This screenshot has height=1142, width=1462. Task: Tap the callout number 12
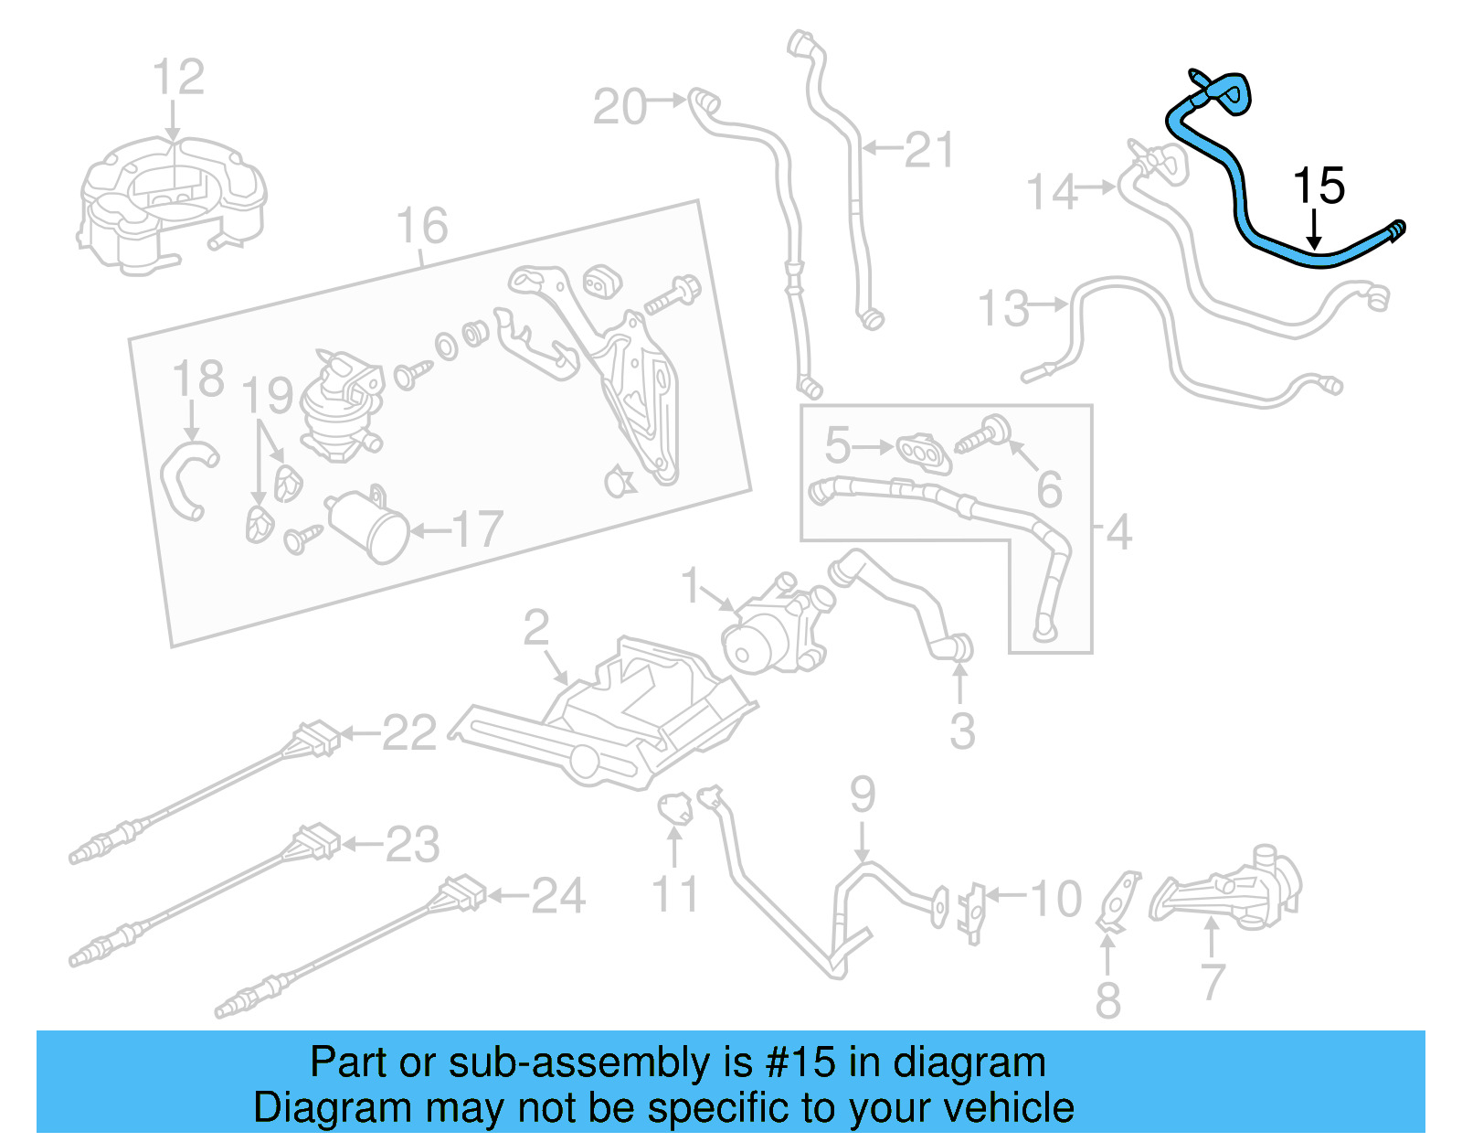(178, 78)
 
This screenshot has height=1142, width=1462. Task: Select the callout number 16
(422, 226)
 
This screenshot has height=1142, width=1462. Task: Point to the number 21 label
(928, 150)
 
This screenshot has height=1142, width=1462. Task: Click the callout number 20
(620, 108)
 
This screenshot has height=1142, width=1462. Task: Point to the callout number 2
(535, 627)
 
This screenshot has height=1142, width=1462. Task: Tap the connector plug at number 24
(461, 892)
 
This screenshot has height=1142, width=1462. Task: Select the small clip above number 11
(674, 807)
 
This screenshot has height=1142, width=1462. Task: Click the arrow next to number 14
(1095, 187)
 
